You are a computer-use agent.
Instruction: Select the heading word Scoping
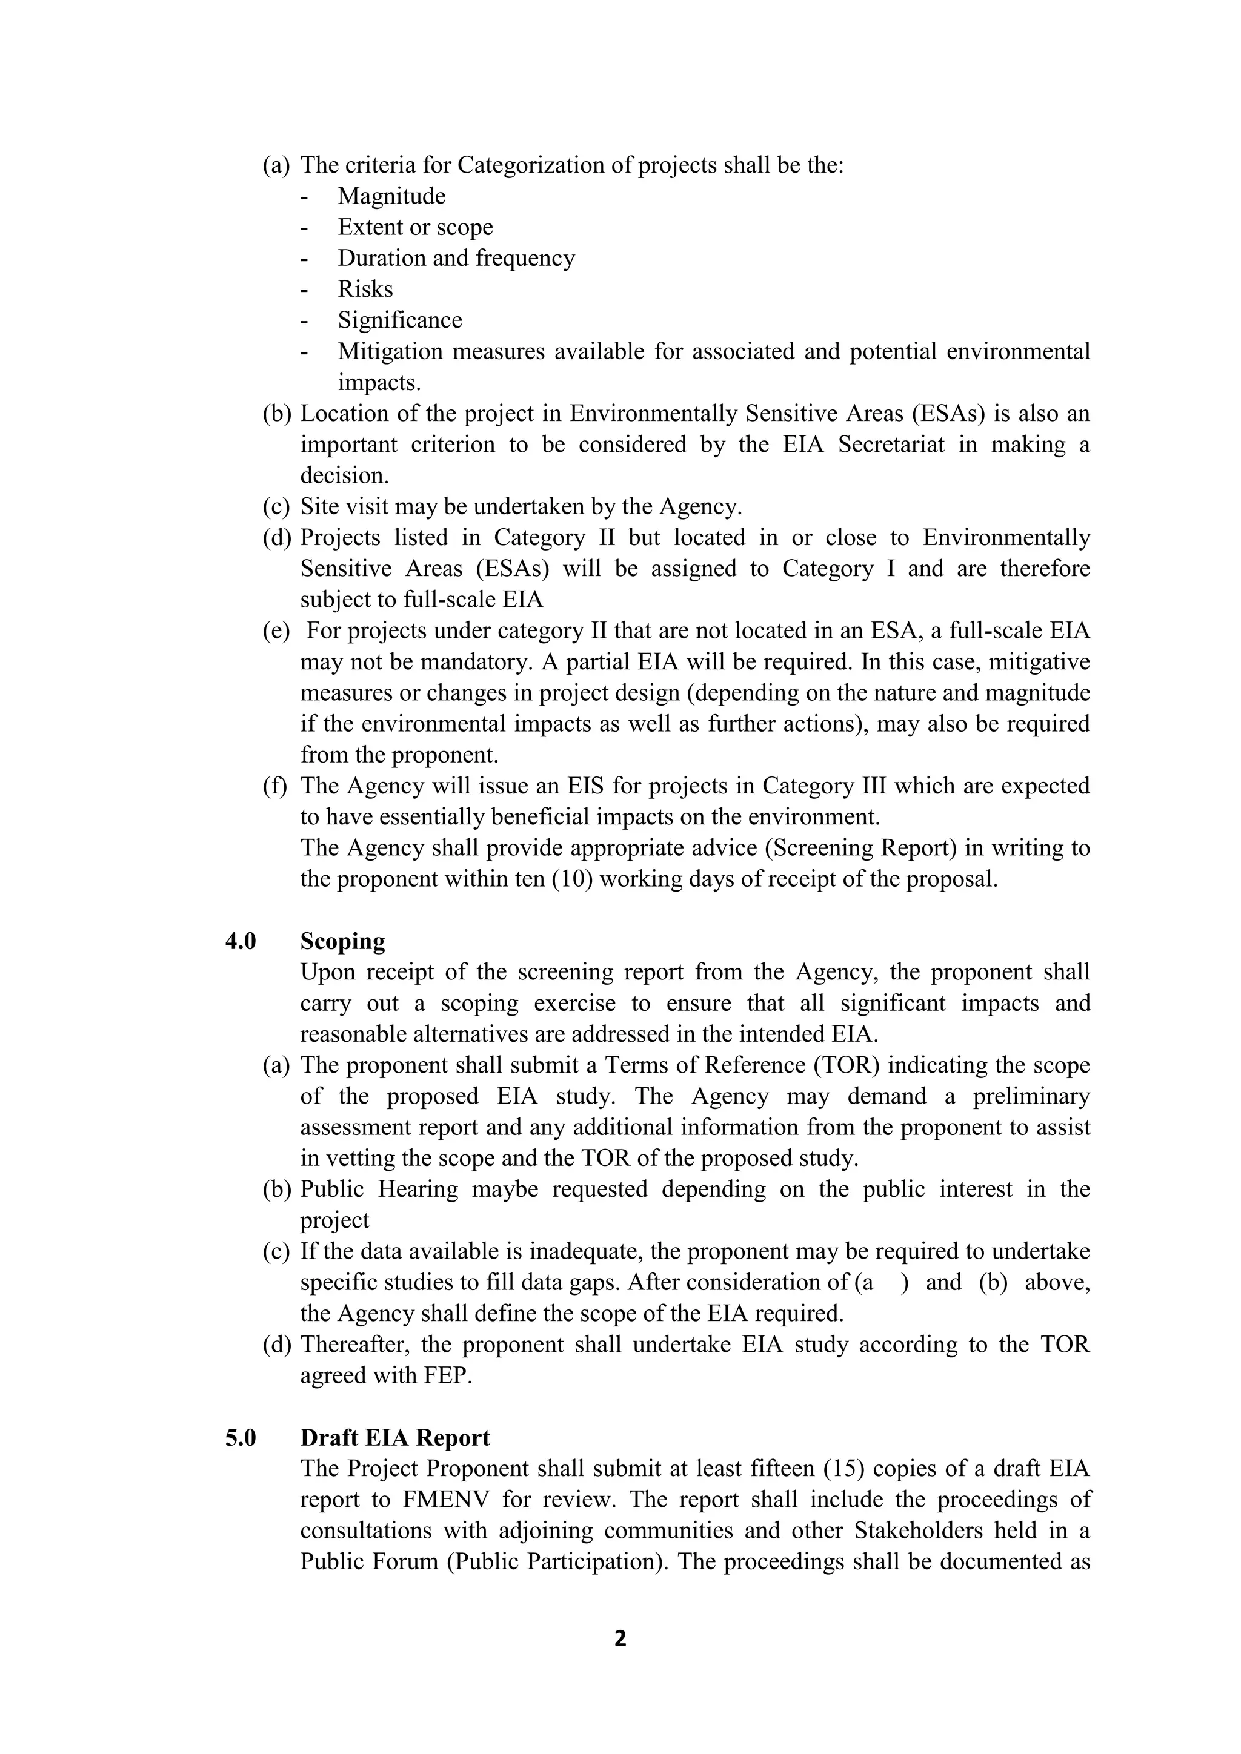click(x=342, y=941)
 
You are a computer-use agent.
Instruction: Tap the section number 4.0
click(x=240, y=941)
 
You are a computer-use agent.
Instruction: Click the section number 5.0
click(x=240, y=1438)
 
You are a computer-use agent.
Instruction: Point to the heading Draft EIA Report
click(x=394, y=1438)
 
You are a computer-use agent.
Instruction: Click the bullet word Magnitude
click(x=391, y=196)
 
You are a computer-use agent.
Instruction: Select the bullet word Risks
click(x=365, y=290)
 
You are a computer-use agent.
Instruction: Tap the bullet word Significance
click(x=400, y=320)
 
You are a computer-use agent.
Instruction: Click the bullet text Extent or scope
click(x=415, y=228)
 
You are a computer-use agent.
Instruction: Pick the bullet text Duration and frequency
click(x=456, y=258)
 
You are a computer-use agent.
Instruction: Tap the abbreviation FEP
click(x=445, y=1376)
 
